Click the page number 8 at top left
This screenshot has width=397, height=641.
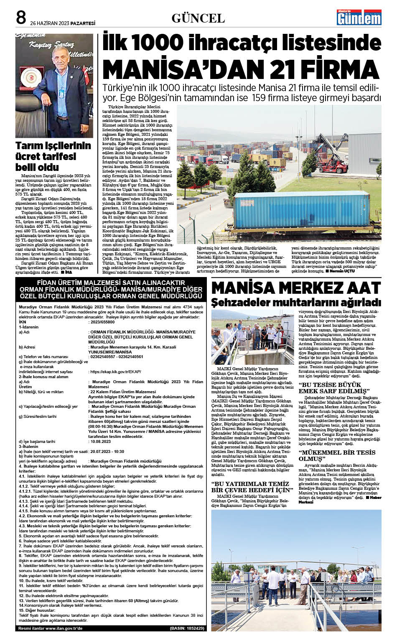(21, 18)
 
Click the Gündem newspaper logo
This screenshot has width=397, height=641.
(359, 18)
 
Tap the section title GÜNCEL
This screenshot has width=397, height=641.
(198, 18)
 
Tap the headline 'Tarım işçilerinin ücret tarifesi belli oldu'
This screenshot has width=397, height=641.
(53, 156)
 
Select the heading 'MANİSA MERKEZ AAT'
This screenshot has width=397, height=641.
(296, 288)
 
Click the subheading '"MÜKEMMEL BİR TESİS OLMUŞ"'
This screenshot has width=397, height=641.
(337, 455)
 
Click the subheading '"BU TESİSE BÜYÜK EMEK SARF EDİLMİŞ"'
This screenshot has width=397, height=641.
(333, 387)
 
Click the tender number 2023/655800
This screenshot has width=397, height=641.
(102, 322)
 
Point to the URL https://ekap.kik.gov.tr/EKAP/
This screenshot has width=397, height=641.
(115, 371)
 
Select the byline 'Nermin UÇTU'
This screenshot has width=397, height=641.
(342, 271)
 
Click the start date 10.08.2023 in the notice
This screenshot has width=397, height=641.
(101, 441)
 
